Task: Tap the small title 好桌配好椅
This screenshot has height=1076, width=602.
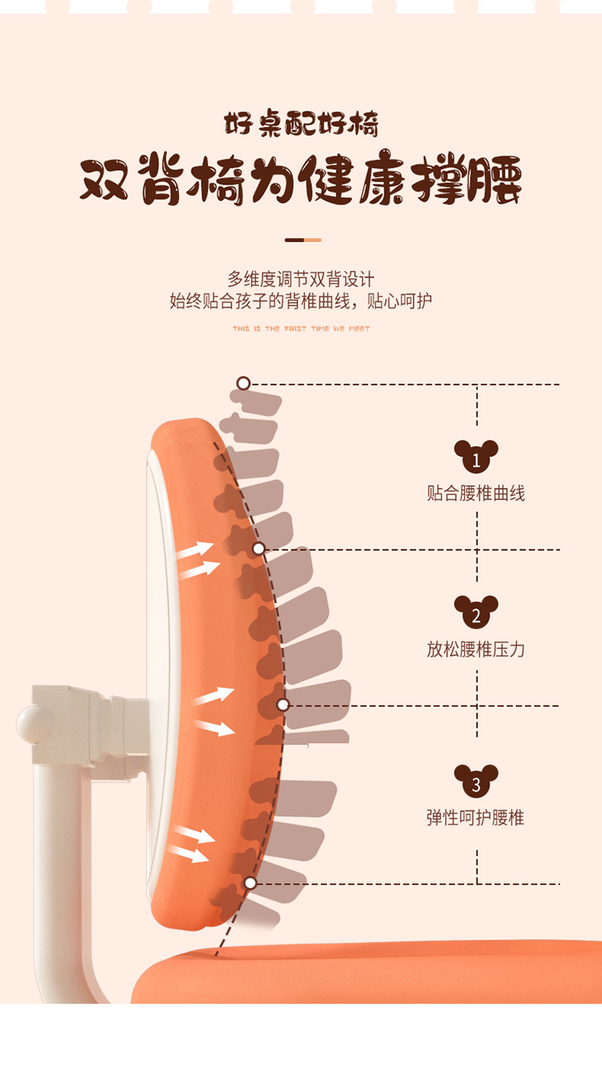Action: coord(301,125)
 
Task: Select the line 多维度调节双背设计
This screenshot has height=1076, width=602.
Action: coord(301,279)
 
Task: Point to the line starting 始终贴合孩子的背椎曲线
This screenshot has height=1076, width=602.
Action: coord(301,302)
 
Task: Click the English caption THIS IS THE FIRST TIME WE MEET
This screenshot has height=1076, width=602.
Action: coord(301,329)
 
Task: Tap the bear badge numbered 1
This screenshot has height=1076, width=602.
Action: coord(476,457)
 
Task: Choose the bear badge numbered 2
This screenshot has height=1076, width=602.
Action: coord(476,613)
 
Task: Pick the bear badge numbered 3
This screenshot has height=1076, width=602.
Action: coord(476,782)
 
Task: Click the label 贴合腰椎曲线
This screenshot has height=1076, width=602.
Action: coord(476,493)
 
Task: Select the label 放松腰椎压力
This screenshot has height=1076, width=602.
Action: coord(476,649)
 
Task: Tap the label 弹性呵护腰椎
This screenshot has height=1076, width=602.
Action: coord(476,818)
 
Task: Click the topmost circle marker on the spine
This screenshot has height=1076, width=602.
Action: coord(243,384)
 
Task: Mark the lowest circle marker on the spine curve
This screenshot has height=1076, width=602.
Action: coord(250,883)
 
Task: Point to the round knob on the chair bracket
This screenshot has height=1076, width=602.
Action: coord(32,724)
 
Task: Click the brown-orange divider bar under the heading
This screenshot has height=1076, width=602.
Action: coord(303,240)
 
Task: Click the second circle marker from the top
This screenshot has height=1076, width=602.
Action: coord(258,549)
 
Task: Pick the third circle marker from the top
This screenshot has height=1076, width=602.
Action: coord(283,705)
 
